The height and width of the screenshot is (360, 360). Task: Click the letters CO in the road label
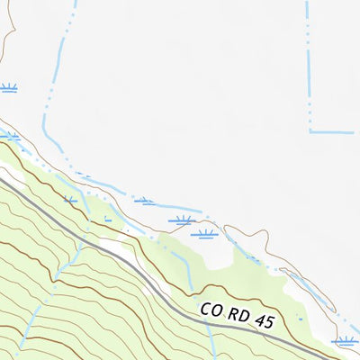tap(212, 310)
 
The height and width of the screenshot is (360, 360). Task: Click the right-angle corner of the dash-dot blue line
tap(310, 131)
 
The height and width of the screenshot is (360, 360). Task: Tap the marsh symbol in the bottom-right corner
tap(345, 341)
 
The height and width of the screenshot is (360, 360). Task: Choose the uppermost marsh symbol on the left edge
tap(9, 87)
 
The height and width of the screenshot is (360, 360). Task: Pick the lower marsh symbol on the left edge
tap(9, 136)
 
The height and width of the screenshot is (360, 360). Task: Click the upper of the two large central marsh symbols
tap(184, 219)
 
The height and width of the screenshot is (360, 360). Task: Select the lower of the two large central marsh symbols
tap(204, 234)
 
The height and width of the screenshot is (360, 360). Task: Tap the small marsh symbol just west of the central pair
tap(144, 202)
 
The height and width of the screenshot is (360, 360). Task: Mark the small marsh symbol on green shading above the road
tap(71, 199)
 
